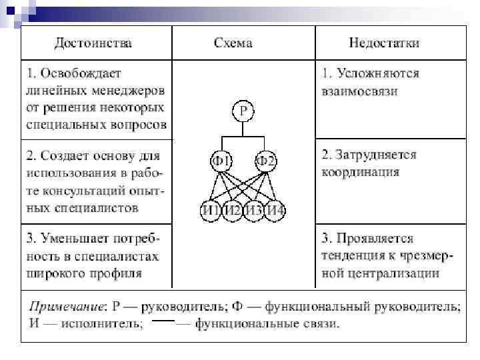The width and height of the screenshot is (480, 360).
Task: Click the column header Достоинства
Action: pyautogui.click(x=93, y=43)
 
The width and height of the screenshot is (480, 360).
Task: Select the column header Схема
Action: pyautogui.click(x=233, y=43)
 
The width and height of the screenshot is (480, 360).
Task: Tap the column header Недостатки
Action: pyautogui.click(x=384, y=43)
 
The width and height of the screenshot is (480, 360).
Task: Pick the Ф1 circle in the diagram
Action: pyautogui.click(x=221, y=161)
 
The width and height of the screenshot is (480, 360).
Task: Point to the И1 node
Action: pyautogui.click(x=211, y=211)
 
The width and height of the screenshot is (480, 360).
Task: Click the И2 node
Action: pyautogui.click(x=232, y=211)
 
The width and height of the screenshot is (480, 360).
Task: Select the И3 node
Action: pyautogui.click(x=254, y=211)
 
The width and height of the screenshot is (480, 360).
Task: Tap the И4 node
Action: pyautogui.click(x=275, y=211)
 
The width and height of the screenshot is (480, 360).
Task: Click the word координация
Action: pyautogui.click(x=361, y=172)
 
